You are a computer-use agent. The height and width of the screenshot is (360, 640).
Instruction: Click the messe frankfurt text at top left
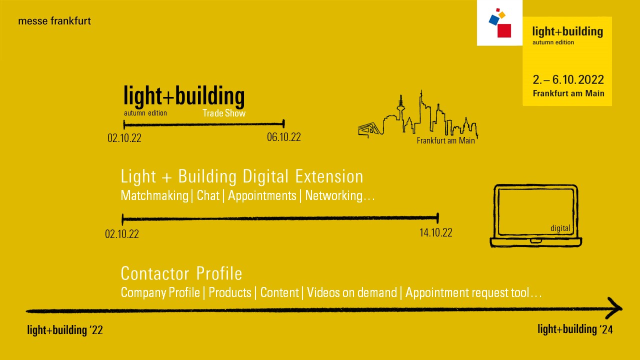click(54, 21)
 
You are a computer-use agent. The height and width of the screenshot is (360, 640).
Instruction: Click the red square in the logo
click(504, 31)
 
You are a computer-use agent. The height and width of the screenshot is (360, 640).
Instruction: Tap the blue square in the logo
click(494, 20)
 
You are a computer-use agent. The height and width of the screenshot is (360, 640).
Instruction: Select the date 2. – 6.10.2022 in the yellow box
click(568, 79)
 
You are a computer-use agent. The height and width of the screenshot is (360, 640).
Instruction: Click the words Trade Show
click(224, 113)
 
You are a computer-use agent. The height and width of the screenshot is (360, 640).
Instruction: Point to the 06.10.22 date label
click(283, 137)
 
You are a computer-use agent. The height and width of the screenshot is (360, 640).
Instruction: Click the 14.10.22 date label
click(435, 232)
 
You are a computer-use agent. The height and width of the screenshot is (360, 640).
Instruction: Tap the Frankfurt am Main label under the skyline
click(445, 140)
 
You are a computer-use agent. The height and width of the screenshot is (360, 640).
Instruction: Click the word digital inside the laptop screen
click(560, 228)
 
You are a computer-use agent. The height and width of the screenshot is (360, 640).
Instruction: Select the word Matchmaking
click(154, 195)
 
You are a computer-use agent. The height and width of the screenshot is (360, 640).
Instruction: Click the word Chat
click(208, 195)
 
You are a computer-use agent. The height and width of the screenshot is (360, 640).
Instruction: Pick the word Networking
click(333, 195)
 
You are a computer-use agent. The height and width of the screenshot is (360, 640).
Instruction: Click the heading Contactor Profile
click(181, 273)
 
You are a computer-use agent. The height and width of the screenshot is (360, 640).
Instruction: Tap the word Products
click(229, 292)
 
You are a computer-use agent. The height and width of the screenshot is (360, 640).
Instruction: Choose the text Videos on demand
click(351, 292)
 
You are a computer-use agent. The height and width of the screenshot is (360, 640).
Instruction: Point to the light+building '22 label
click(65, 330)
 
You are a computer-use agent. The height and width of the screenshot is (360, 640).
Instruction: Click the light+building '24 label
click(575, 329)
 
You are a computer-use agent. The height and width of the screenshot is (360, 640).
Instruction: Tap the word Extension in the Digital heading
click(329, 176)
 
